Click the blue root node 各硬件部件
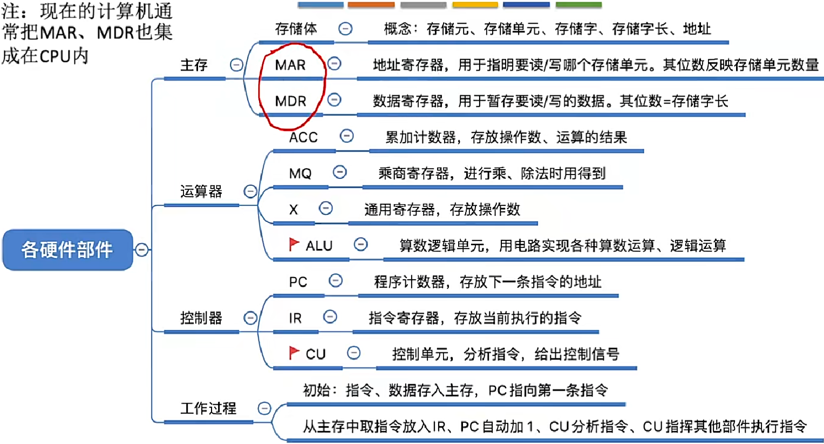[67, 249]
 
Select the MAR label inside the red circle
[290, 65]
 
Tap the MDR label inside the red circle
[290, 101]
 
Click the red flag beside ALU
[294, 245]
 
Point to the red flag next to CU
[294, 353]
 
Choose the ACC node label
[303, 137]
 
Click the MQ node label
[300, 174]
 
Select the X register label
[294, 210]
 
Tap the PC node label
[298, 282]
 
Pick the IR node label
[295, 318]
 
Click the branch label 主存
[194, 65]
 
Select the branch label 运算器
[201, 191]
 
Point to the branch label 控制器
[201, 318]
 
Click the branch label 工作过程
[208, 408]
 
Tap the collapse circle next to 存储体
[345, 29]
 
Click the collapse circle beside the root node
[142, 249]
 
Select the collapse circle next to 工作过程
[264, 408]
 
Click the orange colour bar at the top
[371, 5]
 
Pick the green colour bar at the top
[578, 5]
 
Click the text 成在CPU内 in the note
[45, 55]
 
